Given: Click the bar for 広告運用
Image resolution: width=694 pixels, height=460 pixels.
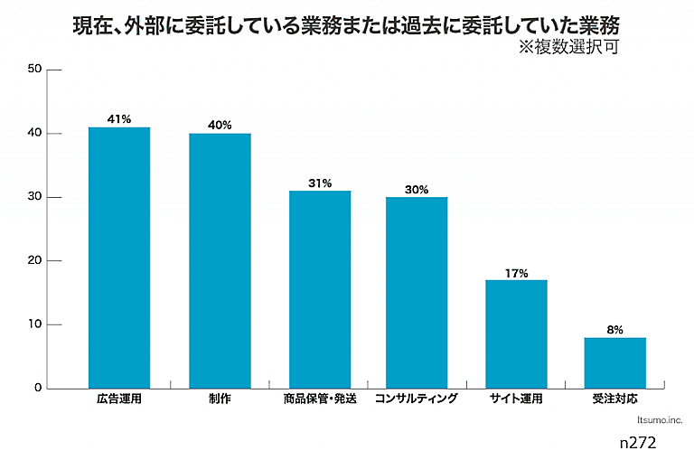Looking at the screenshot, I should (x=119, y=258).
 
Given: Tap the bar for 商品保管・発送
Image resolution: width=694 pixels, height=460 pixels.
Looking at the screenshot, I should (x=320, y=289).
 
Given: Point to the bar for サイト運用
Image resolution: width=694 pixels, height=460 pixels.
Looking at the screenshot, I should (x=516, y=333).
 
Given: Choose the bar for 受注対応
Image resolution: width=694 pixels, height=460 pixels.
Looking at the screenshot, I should (x=614, y=362).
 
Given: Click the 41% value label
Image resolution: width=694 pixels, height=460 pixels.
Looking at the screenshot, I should (x=119, y=118).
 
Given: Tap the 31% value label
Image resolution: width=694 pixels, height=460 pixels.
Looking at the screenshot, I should (x=320, y=183).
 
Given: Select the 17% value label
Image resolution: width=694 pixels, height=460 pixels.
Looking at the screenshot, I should (x=516, y=272).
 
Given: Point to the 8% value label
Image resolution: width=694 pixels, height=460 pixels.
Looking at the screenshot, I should (x=614, y=330).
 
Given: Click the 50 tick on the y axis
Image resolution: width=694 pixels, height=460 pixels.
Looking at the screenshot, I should (x=35, y=70).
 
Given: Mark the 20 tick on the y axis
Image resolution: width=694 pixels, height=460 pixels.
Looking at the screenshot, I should (x=35, y=261).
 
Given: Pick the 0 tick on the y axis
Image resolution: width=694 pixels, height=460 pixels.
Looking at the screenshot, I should (x=38, y=389).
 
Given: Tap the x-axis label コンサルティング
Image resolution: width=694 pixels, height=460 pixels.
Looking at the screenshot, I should (x=417, y=399).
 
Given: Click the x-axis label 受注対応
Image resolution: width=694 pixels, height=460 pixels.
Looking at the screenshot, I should (x=614, y=399).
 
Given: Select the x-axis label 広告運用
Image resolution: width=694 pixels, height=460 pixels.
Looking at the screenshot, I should (x=119, y=399).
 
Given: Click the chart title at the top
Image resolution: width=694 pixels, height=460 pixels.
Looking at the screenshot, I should (x=347, y=23).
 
